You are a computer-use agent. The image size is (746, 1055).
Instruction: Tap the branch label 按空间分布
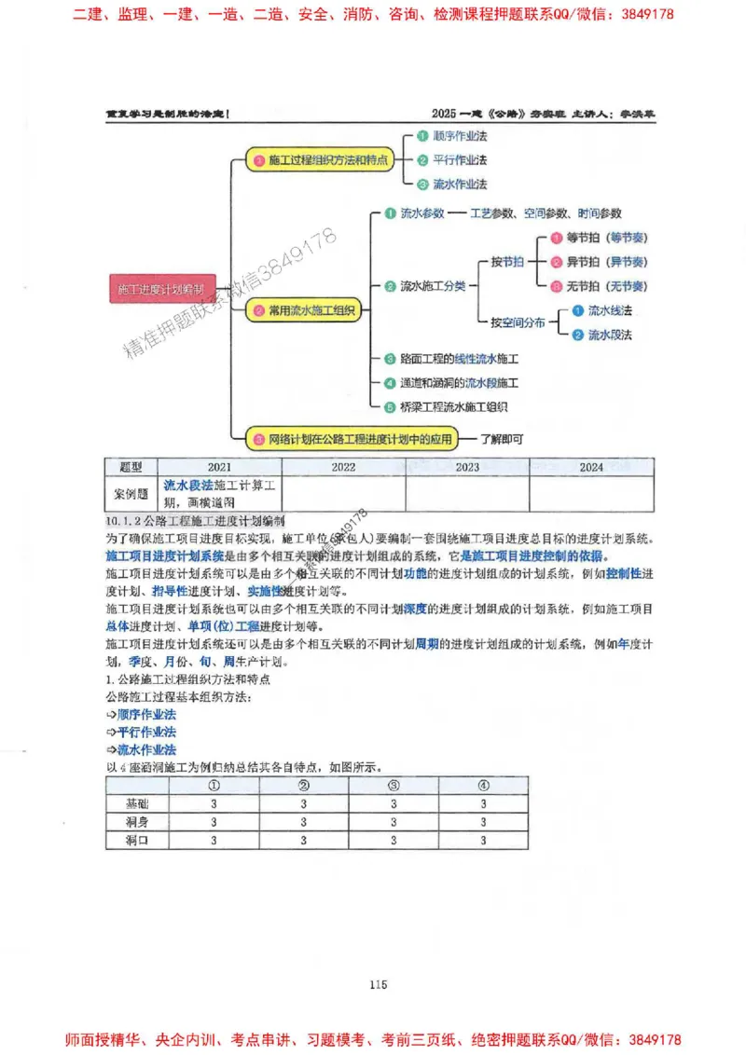tap(518, 322)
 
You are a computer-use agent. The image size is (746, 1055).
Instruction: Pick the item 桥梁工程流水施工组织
tap(453, 406)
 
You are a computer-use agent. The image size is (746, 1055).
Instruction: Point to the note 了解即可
tap(503, 437)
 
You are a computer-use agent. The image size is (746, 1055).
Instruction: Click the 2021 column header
tap(219, 467)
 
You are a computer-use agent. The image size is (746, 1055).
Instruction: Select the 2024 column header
tap(590, 467)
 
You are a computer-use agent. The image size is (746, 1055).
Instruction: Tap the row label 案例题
tap(131, 495)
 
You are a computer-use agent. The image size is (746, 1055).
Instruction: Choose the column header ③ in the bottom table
tap(394, 786)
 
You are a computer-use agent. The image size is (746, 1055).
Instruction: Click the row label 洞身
tap(137, 822)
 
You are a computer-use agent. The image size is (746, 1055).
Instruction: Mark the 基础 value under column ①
tap(214, 803)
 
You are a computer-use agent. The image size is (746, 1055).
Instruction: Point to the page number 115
tap(378, 983)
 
